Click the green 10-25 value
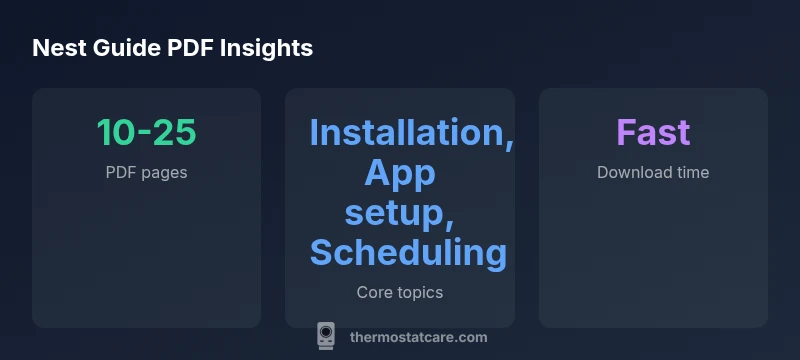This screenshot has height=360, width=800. click(146, 133)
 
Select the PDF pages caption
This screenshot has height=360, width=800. click(146, 172)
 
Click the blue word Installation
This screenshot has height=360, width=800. click(411, 133)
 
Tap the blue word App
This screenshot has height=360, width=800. click(399, 173)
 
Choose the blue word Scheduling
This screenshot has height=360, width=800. click(408, 253)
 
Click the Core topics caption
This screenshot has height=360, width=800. click(399, 293)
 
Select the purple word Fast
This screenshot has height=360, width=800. click(653, 133)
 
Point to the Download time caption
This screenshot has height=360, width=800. click(653, 172)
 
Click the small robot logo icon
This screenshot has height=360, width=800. click(326, 336)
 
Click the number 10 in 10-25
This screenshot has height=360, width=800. click(116, 133)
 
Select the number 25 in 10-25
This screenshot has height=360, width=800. click(175, 133)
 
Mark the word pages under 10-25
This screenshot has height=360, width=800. click(164, 172)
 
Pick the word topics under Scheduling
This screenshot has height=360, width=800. click(419, 293)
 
